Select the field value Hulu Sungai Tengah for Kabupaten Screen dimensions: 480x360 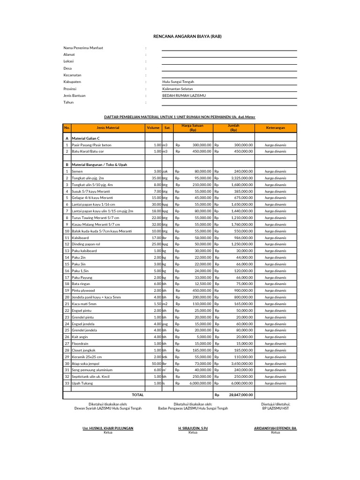click(178, 82)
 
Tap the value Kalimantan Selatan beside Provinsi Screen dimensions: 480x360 click(177, 89)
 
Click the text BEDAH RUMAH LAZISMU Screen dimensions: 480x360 click(184, 95)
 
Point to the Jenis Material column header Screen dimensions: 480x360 click(108, 127)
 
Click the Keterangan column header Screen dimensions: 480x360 click(275, 127)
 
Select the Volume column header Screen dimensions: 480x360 click(153, 127)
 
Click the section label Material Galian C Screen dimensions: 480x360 click(86, 139)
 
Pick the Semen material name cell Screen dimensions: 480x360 click(77, 172)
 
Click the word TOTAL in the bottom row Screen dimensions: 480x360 click(137, 395)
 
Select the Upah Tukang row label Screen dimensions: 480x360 click(82, 383)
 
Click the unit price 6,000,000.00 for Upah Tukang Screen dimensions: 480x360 click(199, 383)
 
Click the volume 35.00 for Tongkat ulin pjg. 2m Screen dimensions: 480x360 click(156, 178)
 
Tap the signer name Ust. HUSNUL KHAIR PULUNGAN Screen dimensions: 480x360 click(108, 428)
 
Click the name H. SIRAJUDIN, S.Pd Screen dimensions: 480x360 click(193, 428)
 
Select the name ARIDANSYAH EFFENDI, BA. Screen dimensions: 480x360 click(275, 428)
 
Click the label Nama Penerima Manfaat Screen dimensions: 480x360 click(83, 48)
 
